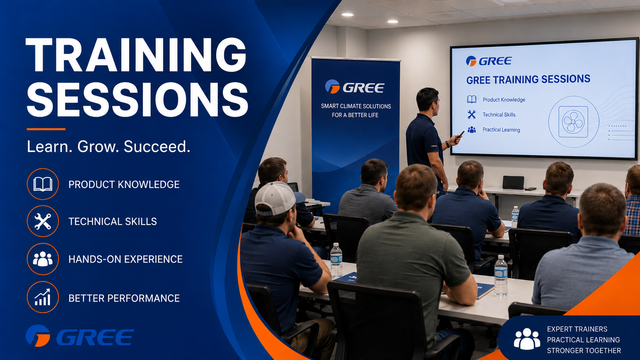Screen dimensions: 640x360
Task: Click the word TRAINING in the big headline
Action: (136, 55)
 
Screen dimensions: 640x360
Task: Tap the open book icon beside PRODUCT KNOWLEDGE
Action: (43, 184)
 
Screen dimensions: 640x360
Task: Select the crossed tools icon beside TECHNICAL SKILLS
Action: (43, 221)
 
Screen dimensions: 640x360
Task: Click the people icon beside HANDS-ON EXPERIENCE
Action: (43, 259)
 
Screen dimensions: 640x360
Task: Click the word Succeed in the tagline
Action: (157, 147)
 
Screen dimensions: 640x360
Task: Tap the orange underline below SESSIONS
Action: (46, 129)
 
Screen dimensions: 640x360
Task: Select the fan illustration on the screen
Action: (573, 122)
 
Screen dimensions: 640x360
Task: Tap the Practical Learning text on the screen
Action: (501, 130)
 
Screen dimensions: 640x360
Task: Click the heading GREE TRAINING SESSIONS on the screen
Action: (528, 79)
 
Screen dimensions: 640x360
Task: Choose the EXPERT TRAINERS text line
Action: (577, 329)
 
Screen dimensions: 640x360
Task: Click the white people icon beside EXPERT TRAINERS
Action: (527, 339)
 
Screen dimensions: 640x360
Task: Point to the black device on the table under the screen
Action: (513, 182)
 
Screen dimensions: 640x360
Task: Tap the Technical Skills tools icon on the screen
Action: (472, 115)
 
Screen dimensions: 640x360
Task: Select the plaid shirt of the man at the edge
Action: (633, 215)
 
